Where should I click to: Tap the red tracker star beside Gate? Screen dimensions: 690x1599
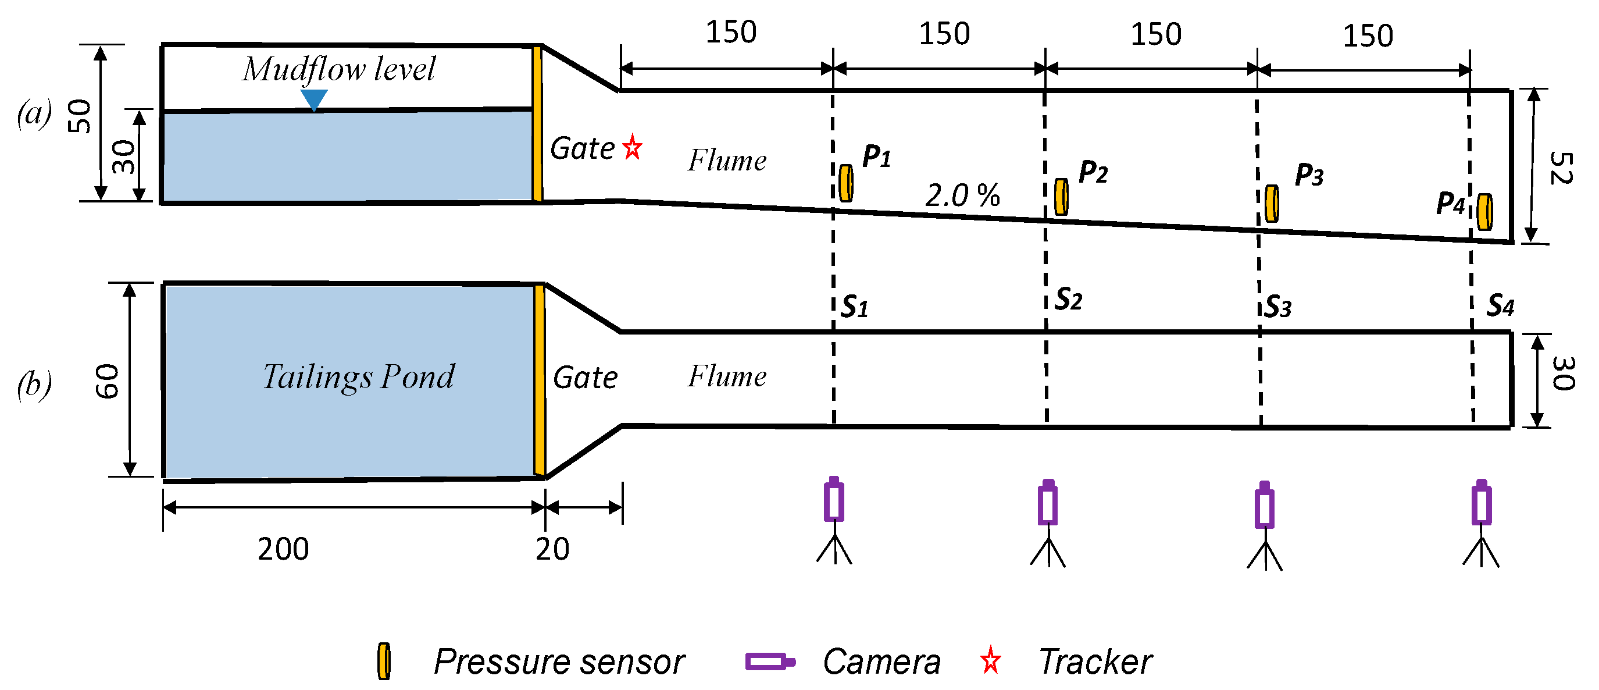coord(633,147)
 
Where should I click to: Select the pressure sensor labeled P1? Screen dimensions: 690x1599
coord(845,183)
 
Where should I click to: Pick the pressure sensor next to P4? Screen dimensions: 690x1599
coord(1485,212)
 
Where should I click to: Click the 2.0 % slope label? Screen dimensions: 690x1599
coord(962,195)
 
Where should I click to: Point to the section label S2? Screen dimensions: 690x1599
coord(1068,300)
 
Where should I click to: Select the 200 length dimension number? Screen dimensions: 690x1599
coord(283,549)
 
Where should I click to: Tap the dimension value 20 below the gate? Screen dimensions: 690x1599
coord(552,549)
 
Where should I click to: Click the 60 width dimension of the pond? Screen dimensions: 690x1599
coord(108,380)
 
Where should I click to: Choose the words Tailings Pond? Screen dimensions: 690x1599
coord(358,376)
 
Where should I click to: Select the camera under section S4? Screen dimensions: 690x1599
coord(1482,504)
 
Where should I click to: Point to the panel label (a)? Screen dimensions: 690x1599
coord(34,114)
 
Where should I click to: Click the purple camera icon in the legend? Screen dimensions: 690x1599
coord(770,661)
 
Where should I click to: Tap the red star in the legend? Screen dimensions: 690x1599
coord(991,660)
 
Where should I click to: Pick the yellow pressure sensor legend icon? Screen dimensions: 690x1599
coord(384,661)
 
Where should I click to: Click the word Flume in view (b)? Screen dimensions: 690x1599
coord(727,376)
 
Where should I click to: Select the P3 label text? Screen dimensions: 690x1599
coord(1309,175)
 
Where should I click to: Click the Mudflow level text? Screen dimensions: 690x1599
coord(339,69)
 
